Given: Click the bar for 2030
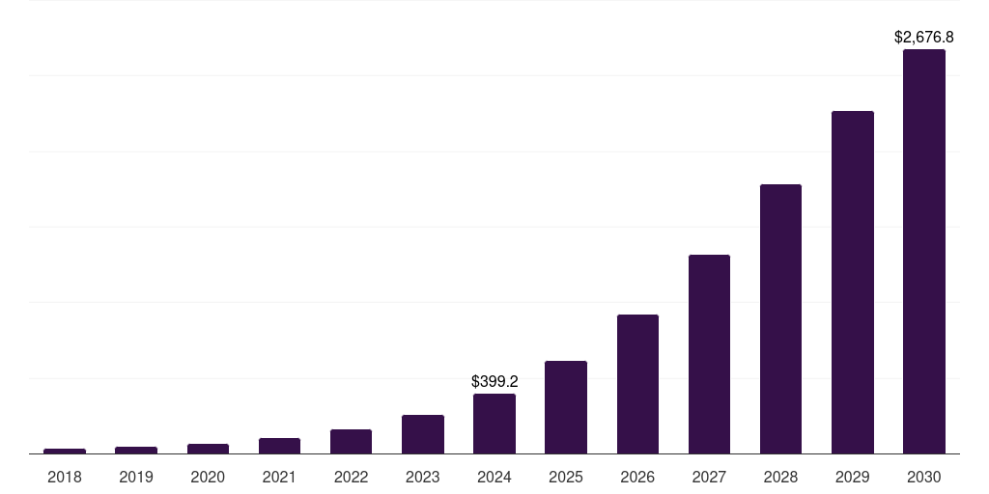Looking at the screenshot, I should [x=923, y=251].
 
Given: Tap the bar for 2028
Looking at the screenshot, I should [x=780, y=318].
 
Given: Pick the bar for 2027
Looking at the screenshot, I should [x=709, y=354].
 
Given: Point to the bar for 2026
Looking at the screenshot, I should [x=637, y=384].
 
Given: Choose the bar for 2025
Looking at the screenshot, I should [x=566, y=407].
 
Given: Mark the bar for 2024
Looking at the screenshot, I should [x=494, y=424].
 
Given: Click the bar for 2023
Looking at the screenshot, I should [x=423, y=434].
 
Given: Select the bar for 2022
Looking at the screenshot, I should [x=351, y=441].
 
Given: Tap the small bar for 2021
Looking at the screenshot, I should [x=279, y=446].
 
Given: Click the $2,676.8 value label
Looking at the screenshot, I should [x=923, y=38].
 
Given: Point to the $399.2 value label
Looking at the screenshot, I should [x=494, y=382].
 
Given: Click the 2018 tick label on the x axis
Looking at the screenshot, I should [x=65, y=477].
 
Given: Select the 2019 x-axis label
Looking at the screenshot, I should [x=136, y=477].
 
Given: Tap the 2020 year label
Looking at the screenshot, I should [x=208, y=477].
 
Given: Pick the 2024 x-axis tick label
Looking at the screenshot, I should [x=494, y=477].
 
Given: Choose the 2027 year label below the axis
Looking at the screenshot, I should [x=709, y=477].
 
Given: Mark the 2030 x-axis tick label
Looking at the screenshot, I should [x=923, y=477].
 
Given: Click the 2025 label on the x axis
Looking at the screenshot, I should [x=566, y=477].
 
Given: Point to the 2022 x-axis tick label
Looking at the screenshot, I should [x=351, y=477].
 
